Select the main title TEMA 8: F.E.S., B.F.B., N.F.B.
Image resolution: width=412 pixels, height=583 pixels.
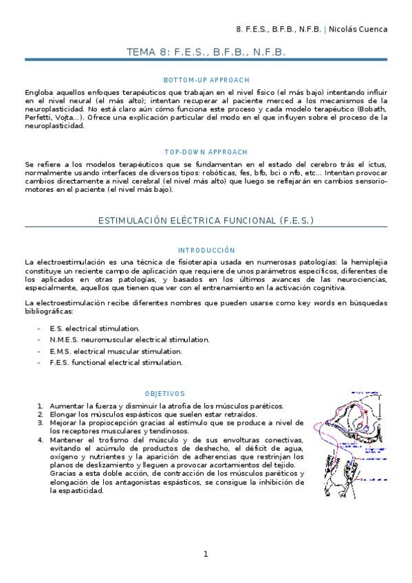tap(206, 52)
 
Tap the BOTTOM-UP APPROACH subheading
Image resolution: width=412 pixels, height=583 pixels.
tap(206, 80)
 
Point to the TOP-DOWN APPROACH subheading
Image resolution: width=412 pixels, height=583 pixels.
tap(206, 151)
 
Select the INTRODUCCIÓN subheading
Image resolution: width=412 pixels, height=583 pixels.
tap(206, 250)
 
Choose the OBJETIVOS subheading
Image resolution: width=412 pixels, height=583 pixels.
tap(165, 394)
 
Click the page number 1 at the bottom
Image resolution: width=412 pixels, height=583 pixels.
tap(205, 554)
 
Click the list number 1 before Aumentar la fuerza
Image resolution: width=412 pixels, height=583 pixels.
tap(41, 406)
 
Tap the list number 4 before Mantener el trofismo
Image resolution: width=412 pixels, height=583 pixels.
tap(41, 439)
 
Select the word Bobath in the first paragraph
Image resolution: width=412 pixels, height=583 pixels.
tap(373, 109)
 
